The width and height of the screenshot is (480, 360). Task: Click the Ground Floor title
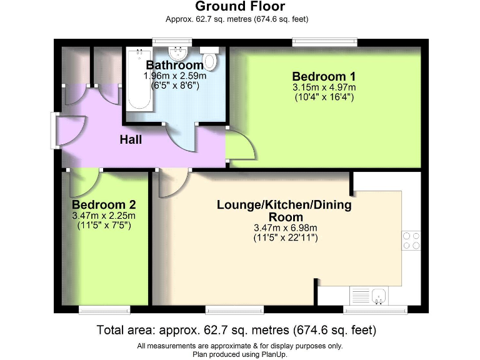[240, 7]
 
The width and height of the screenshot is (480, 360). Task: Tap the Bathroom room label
[174, 65]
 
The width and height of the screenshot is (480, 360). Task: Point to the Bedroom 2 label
[104, 205]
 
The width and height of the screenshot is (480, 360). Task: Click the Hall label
[131, 139]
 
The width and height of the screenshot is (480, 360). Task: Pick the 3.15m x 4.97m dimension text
[324, 87]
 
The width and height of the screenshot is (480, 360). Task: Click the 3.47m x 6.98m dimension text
[285, 227]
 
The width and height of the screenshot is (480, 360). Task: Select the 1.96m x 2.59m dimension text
[174, 75]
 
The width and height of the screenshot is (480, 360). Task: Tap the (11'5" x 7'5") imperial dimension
[104, 224]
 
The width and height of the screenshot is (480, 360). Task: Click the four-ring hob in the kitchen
[411, 241]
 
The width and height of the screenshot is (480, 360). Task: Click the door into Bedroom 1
[240, 146]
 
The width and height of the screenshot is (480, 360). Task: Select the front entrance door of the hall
[67, 132]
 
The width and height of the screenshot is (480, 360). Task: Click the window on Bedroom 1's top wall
[324, 42]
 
